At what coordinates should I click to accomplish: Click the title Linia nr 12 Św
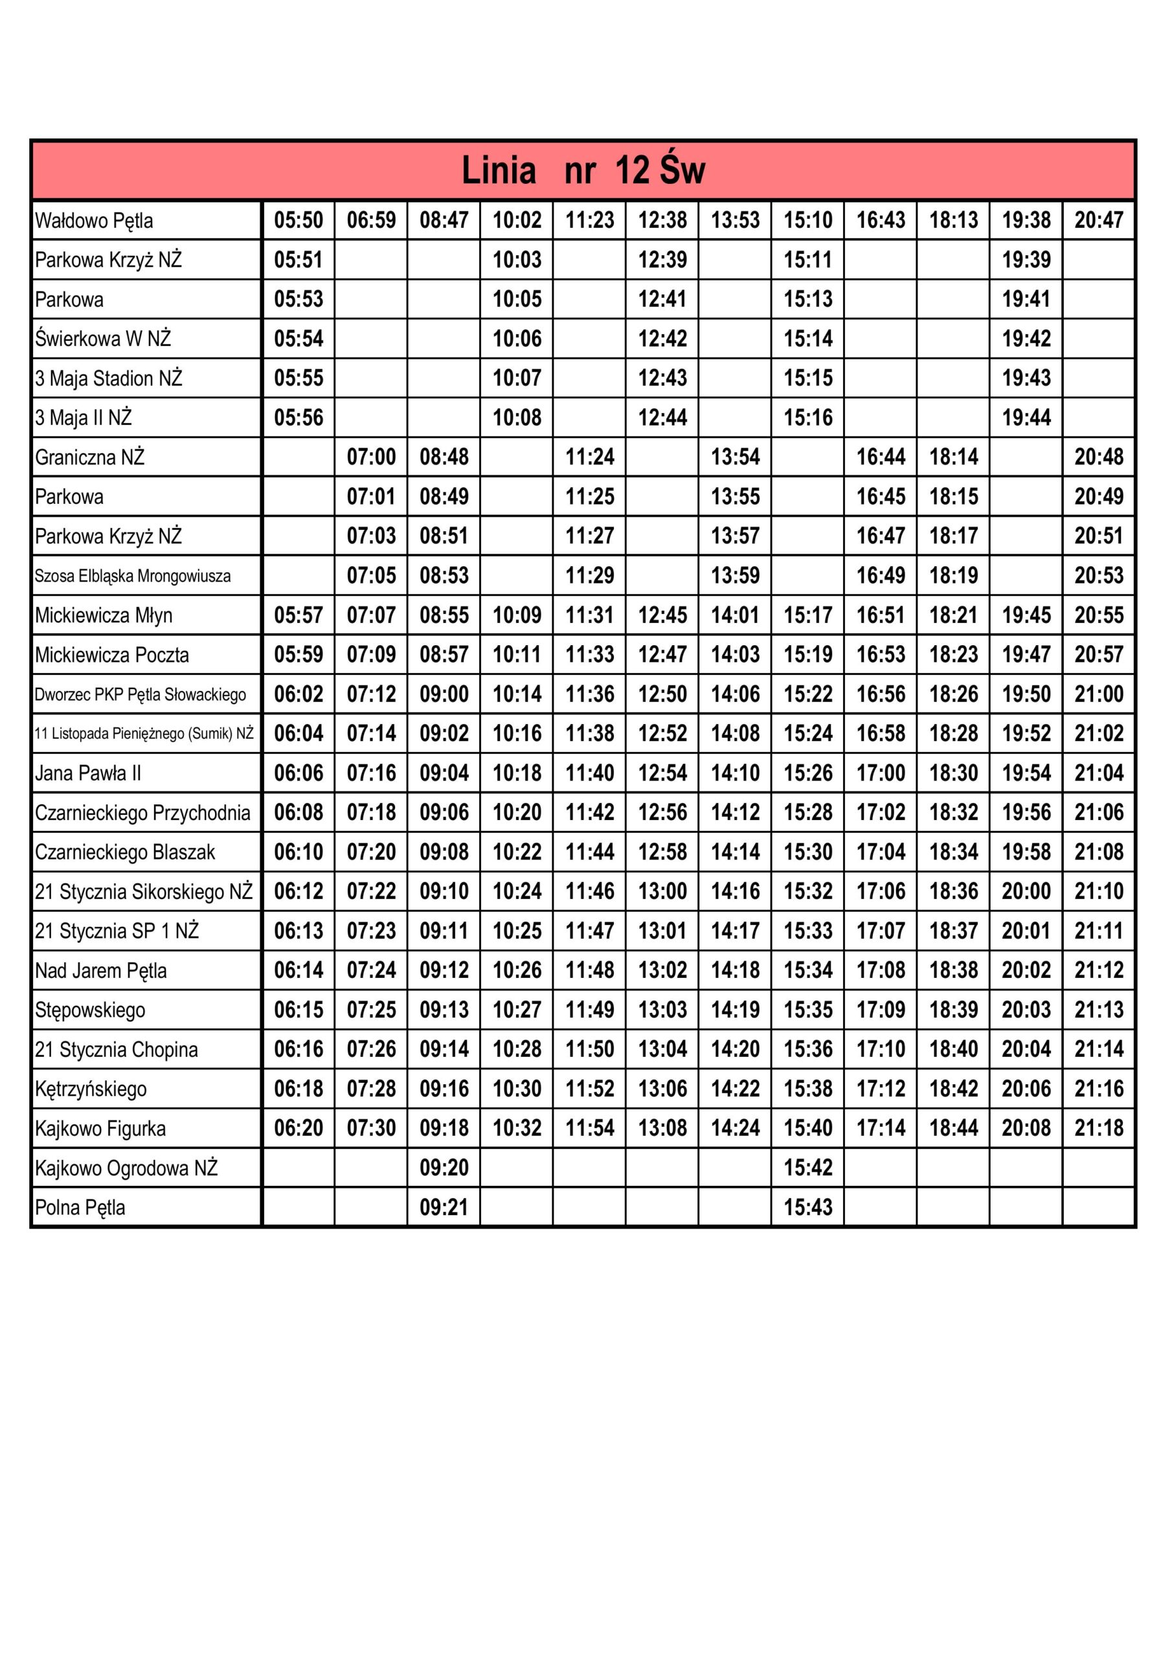pyautogui.click(x=583, y=171)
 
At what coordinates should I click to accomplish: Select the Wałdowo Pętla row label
pyautogui.click(x=94, y=220)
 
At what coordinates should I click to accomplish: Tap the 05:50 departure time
pyautogui.click(x=299, y=220)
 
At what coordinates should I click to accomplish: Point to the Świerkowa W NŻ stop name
pyautogui.click(x=102, y=339)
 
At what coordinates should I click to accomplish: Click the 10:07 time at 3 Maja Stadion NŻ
pyautogui.click(x=516, y=378)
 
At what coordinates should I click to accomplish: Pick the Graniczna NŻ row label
pyautogui.click(x=89, y=457)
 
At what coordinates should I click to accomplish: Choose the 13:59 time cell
pyautogui.click(x=735, y=576)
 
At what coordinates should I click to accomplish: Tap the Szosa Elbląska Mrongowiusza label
pyautogui.click(x=133, y=576)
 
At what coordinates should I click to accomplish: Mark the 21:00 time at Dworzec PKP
pyautogui.click(x=1098, y=694)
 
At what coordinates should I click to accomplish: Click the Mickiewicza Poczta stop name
pyautogui.click(x=112, y=655)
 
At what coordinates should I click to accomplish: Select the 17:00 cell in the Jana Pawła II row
pyautogui.click(x=880, y=773)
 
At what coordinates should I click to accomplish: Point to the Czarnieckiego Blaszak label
pyautogui.click(x=125, y=852)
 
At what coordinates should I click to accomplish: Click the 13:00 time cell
pyautogui.click(x=662, y=891)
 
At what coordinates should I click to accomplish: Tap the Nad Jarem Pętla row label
pyautogui.click(x=100, y=971)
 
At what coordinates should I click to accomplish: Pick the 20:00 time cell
pyautogui.click(x=1026, y=891)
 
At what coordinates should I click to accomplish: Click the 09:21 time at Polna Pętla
pyautogui.click(x=444, y=1207)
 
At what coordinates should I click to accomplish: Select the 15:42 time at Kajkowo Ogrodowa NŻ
pyautogui.click(x=808, y=1168)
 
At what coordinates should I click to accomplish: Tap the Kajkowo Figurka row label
pyautogui.click(x=100, y=1129)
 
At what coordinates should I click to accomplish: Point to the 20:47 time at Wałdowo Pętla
pyautogui.click(x=1098, y=220)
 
